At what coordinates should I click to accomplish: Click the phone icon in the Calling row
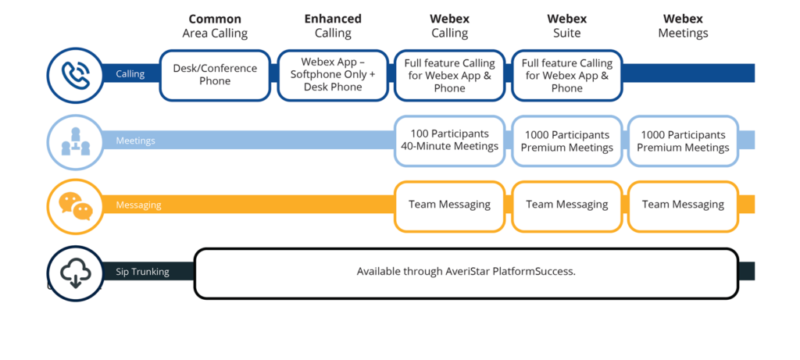[75, 75]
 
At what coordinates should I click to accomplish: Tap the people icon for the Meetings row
[75, 141]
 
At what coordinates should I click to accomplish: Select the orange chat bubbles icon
[75, 205]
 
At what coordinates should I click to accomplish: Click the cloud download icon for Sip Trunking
[75, 273]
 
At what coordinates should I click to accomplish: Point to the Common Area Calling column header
[215, 26]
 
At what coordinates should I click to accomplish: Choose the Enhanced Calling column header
[332, 26]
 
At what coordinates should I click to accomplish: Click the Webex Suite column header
[566, 26]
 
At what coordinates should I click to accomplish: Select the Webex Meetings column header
[683, 26]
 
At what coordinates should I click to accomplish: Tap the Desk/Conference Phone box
[215, 75]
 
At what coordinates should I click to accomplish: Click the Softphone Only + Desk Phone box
[332, 75]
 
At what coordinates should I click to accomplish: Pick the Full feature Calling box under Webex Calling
[449, 75]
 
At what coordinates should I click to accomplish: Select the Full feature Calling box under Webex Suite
[566, 75]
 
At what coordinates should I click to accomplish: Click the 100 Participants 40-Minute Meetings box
[449, 141]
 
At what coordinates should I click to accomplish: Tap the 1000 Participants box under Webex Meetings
[683, 141]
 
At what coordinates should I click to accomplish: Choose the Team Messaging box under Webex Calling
[449, 205]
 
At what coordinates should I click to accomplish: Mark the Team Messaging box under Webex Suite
[566, 205]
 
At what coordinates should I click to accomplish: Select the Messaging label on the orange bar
[138, 205]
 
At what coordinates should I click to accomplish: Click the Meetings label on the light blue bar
[135, 141]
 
